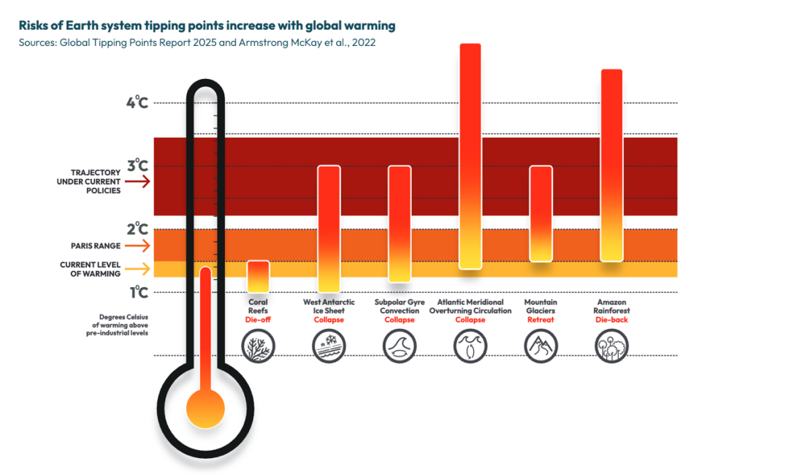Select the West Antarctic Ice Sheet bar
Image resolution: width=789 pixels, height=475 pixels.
[x=329, y=229]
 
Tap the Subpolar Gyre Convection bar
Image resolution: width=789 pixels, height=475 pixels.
[x=399, y=224]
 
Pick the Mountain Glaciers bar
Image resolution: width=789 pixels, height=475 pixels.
[x=540, y=213]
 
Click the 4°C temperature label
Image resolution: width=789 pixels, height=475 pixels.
[x=137, y=102]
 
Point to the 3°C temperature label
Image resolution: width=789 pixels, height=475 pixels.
[x=137, y=166]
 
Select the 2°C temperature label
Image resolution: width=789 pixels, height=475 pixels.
[x=137, y=229]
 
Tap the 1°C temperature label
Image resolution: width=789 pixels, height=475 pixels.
[x=138, y=292]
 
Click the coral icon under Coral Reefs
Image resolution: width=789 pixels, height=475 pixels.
[x=259, y=346]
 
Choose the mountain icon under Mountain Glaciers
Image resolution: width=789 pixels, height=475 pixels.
[x=541, y=346]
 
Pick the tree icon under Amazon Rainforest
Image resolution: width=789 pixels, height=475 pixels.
[x=611, y=346]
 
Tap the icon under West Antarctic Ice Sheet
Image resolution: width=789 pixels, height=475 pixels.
[x=329, y=346]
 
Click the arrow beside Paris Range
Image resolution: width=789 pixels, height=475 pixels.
[x=142, y=246]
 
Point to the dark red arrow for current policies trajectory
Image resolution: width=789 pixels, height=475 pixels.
[x=142, y=182]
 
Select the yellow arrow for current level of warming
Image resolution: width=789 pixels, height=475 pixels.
[x=142, y=269]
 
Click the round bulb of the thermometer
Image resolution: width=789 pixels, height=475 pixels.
[x=205, y=409]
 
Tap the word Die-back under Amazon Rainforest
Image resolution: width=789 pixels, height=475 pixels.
[x=611, y=320]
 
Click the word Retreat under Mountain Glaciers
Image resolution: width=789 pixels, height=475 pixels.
[x=541, y=320]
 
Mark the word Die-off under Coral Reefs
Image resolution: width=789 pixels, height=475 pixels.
[x=258, y=320]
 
